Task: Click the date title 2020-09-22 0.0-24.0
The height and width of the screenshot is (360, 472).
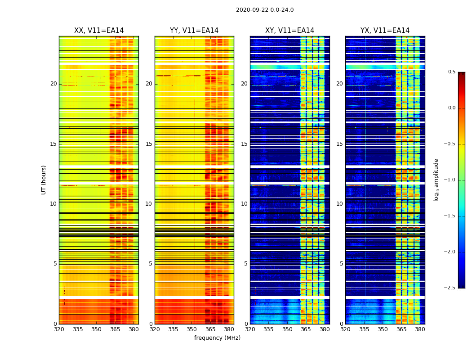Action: (265, 10)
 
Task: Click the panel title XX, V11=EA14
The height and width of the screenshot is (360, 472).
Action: (99, 31)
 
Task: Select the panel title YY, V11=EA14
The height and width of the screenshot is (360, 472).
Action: (194, 31)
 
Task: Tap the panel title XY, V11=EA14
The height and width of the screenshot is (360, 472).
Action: (289, 31)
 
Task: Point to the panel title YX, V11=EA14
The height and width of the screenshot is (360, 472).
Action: (385, 31)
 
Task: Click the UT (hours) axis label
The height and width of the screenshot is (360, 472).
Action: (44, 180)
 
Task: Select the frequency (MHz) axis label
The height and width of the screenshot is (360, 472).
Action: (217, 338)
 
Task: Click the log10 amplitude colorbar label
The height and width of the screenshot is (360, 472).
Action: (436, 180)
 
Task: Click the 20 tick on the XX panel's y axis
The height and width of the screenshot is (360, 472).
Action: (53, 84)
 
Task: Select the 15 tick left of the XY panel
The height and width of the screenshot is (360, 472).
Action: (244, 144)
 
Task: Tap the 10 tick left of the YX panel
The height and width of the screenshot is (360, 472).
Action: (339, 204)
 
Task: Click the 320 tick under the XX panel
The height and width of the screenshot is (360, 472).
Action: (59, 329)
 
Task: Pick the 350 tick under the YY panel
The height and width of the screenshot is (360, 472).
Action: (191, 329)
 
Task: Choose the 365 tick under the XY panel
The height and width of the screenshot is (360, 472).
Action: (306, 329)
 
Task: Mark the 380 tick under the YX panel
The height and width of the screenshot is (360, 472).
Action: (420, 329)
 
